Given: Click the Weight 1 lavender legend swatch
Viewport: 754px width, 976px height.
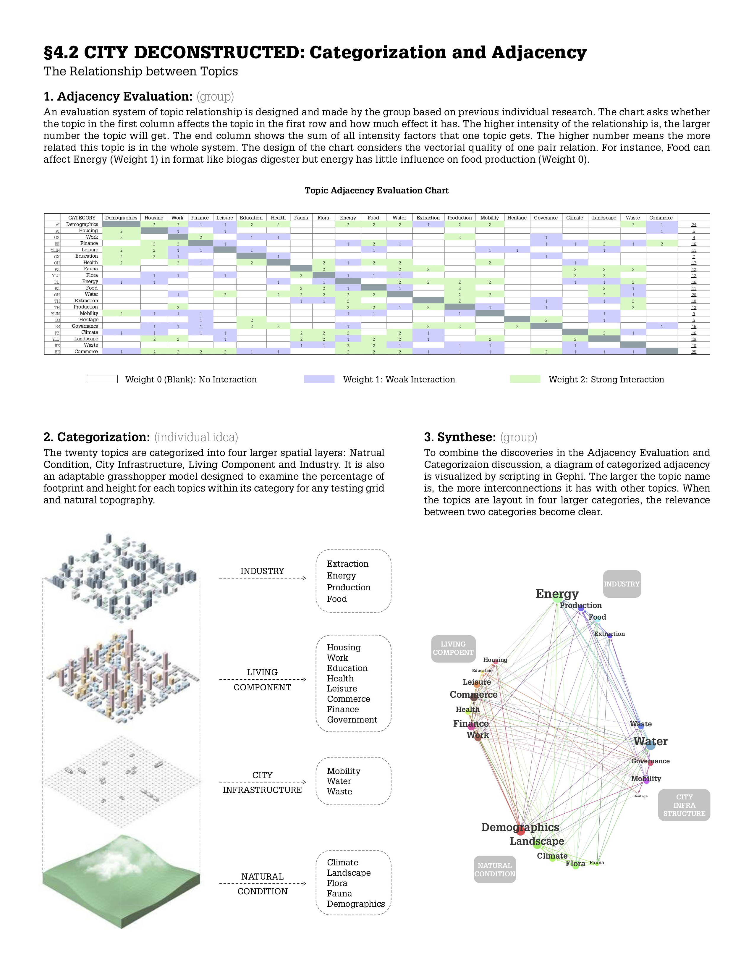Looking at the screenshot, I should point(319,379).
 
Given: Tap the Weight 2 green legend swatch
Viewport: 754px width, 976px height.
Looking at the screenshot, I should point(525,379).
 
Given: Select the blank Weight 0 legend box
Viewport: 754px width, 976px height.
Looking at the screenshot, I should point(102,379).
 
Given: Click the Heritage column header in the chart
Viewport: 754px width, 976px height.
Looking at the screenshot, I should point(517,218).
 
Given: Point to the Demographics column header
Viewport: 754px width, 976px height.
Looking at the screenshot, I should point(121,218).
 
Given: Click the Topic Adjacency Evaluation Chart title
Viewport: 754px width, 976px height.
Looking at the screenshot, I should point(376,190).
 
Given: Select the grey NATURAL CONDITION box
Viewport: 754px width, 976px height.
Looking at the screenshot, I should point(494,869).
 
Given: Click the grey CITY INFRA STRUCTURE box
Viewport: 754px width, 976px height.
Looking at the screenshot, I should point(684,805).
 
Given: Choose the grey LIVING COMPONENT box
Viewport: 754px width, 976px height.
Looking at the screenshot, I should point(453,648).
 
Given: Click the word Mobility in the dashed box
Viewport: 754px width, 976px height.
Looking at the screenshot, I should point(343,771).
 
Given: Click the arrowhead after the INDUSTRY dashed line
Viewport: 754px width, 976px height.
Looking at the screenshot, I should point(304,578).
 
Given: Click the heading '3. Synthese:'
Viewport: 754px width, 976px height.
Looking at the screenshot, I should point(459,437).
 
